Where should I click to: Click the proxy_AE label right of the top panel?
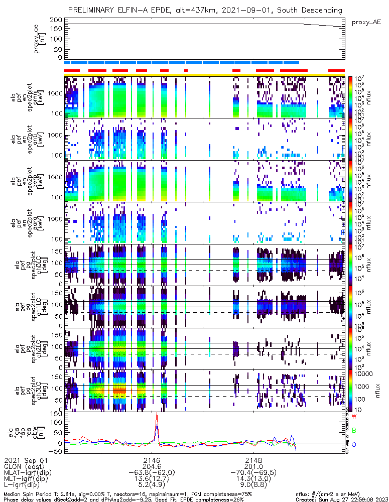(366, 22)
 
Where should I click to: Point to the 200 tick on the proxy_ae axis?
(56, 20)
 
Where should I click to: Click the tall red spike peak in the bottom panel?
(157, 413)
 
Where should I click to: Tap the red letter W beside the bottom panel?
(354, 417)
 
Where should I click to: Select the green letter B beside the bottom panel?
(354, 430)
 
